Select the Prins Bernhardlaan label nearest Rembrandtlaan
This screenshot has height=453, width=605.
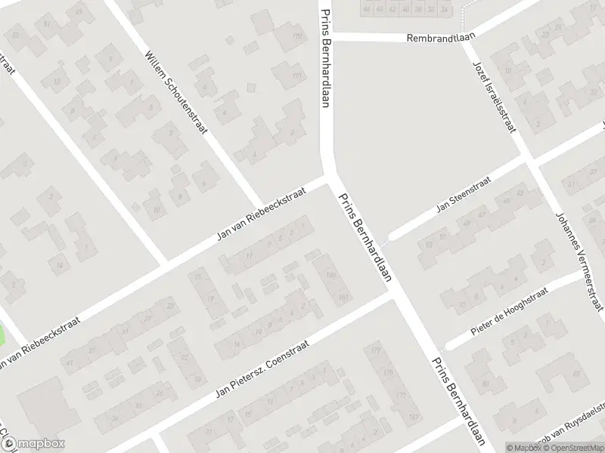point(326,57)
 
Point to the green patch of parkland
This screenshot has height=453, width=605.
point(9,336)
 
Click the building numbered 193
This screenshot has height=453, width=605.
point(297,36)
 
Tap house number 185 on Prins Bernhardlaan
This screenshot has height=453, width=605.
point(330,275)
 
